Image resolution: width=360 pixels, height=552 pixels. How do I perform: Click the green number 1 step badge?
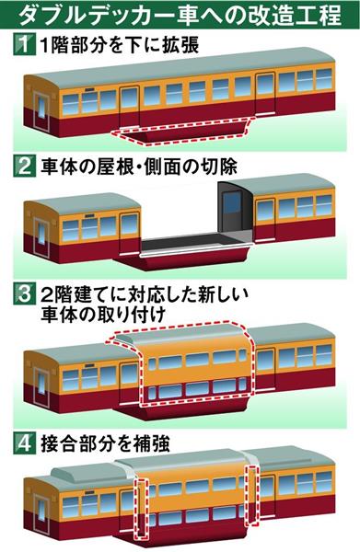point(24,44)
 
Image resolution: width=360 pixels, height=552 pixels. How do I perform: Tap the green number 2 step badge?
point(24,166)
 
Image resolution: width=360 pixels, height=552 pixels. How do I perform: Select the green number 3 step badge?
point(24,294)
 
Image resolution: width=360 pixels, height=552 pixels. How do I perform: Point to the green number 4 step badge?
point(24,443)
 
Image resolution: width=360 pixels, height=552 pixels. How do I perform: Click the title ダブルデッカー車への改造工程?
point(180,15)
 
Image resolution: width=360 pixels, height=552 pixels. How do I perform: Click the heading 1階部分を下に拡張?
point(120,45)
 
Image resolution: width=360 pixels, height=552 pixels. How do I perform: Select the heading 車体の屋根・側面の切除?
point(139,167)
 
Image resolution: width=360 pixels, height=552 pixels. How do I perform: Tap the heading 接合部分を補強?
point(105,443)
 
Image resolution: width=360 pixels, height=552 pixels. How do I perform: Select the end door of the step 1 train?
point(41,108)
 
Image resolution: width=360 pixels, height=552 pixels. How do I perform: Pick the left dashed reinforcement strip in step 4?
point(141,511)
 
